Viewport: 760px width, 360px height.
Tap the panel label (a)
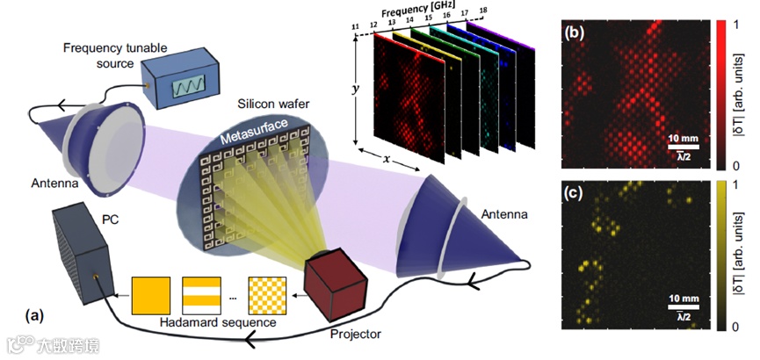37,313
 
